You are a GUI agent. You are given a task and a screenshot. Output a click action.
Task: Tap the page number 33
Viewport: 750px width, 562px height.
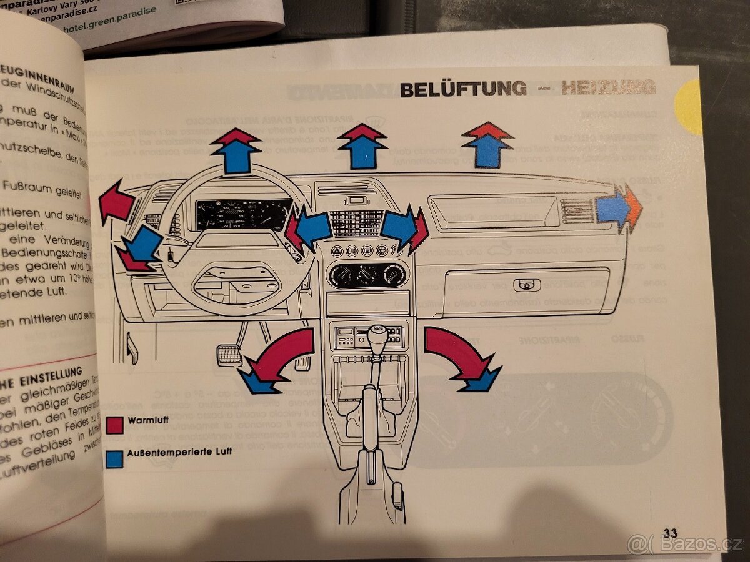670,533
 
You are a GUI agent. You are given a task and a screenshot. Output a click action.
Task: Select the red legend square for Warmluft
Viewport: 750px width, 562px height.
114,425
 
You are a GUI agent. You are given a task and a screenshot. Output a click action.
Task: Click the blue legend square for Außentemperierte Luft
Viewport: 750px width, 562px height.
114,459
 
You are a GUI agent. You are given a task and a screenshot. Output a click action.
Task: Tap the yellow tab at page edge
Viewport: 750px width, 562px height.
689,107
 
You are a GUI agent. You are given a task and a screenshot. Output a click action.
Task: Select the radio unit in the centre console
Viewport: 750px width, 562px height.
369,337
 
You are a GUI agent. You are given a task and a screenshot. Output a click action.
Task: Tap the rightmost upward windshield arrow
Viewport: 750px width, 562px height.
487,145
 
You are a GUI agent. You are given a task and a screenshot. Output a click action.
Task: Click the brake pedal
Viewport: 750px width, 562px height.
229,355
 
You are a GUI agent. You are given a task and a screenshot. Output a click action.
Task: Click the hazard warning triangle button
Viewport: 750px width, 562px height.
337,251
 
